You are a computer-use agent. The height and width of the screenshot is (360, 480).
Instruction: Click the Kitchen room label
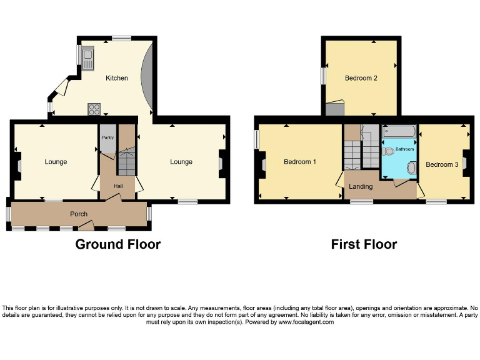point(117,78)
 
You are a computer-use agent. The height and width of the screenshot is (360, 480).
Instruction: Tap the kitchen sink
point(88,59)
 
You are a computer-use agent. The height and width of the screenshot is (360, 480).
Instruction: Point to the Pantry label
point(107,137)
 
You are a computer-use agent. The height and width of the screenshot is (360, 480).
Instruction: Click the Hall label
point(118,186)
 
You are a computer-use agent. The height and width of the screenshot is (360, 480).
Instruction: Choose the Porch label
point(79,214)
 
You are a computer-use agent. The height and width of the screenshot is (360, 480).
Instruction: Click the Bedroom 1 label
point(300,162)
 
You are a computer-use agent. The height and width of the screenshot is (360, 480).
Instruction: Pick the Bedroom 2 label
point(361,78)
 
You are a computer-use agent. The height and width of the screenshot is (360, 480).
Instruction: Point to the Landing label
point(361,186)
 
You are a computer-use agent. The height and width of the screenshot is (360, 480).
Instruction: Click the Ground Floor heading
point(117,244)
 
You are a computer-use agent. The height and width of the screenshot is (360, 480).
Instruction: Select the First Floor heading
point(364,244)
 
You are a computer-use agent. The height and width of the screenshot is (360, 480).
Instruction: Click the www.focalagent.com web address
point(306,322)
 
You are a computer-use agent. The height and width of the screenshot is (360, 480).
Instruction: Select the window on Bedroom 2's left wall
point(324,75)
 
